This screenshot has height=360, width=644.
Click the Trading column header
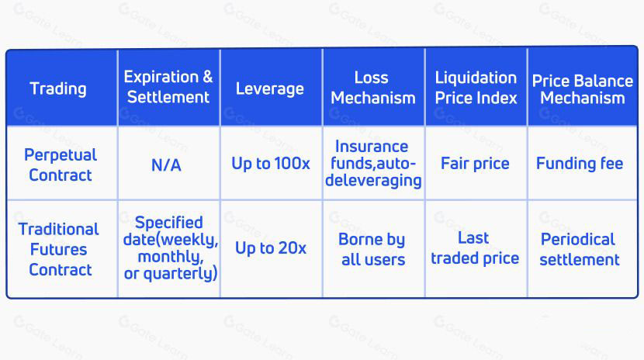(58, 88)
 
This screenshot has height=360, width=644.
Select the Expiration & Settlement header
(168, 87)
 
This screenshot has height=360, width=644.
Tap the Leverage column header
(270, 89)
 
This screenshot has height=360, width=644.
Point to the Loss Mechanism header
(373, 88)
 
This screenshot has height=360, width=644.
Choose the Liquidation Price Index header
(476, 88)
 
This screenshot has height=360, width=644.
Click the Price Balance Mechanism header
(583, 89)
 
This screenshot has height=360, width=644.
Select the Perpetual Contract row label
(61, 165)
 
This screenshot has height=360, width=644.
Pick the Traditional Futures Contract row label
(59, 249)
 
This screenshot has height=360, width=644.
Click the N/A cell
(166, 165)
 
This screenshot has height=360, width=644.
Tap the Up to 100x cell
(271, 164)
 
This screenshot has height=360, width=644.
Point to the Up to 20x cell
(271, 248)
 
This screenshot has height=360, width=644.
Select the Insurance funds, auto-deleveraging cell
(373, 164)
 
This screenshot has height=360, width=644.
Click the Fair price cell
(475, 164)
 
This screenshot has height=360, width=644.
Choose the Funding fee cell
(580, 164)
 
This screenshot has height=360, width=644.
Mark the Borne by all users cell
(372, 249)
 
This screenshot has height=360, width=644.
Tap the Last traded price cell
(475, 248)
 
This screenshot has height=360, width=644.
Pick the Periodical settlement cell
(579, 249)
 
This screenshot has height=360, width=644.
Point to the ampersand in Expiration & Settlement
(208, 77)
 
